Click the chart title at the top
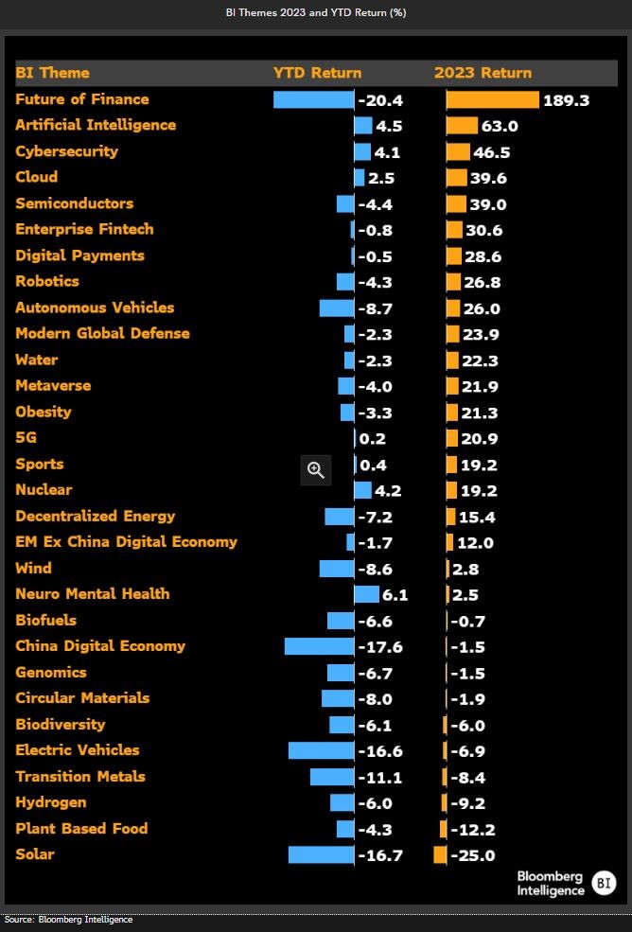(316, 13)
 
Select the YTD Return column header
(317, 73)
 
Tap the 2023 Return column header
(483, 73)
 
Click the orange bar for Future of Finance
(492, 99)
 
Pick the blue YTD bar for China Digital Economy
(319, 646)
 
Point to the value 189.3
(566, 100)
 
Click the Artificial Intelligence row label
(96, 125)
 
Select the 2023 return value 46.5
(492, 152)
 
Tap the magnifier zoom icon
(315, 469)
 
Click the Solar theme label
(35, 854)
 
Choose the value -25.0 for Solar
(473, 856)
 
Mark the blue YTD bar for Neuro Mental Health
(366, 594)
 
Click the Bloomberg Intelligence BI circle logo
(603, 884)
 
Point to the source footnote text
(68, 920)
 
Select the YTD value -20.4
(380, 100)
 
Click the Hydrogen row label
(51, 802)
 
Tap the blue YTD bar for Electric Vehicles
(321, 750)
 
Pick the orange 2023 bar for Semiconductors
(456, 203)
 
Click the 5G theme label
(26, 438)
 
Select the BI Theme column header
(53, 73)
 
